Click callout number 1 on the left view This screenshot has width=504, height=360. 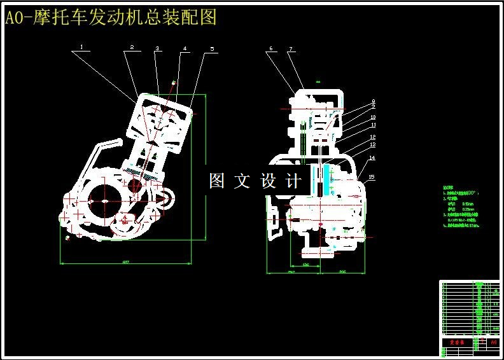(81, 46)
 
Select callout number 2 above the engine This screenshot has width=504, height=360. (132, 47)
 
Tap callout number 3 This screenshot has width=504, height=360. (157, 48)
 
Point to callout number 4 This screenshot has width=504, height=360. (185, 48)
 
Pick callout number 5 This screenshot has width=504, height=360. (212, 48)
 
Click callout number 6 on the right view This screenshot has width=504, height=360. (270, 48)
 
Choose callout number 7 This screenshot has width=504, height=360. (290, 49)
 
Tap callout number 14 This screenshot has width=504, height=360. (372, 158)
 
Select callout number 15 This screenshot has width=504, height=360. (372, 177)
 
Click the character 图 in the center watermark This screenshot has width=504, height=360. (217, 181)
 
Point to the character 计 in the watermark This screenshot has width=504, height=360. (294, 181)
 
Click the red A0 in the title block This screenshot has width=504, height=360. (493, 342)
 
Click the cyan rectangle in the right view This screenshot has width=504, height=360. (327, 180)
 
